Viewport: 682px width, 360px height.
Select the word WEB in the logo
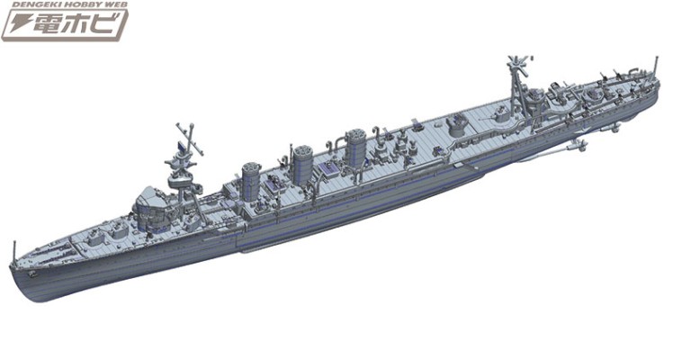(x=113, y=4)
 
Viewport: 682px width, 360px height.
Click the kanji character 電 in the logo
(x=47, y=24)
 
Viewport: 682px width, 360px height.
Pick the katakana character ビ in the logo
(x=107, y=24)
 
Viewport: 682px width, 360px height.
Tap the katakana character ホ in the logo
(x=78, y=24)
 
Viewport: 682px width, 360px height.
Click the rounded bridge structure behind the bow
(x=148, y=208)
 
